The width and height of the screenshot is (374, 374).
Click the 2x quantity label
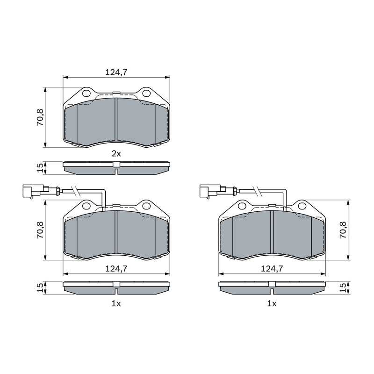tap(116, 154)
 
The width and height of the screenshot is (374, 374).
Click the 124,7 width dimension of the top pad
tap(116, 72)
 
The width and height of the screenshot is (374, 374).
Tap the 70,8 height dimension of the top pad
tap(40, 117)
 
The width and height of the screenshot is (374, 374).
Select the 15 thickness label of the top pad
tap(40, 168)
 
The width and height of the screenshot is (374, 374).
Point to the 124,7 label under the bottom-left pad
tap(116, 269)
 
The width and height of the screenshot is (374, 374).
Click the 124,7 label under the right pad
tap(272, 269)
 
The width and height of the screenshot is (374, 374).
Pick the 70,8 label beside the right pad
tap(343, 230)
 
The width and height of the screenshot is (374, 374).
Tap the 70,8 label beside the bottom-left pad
tap(40, 230)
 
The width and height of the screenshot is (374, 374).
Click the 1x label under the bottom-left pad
tap(116, 303)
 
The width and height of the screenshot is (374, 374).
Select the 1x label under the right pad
tap(272, 303)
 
